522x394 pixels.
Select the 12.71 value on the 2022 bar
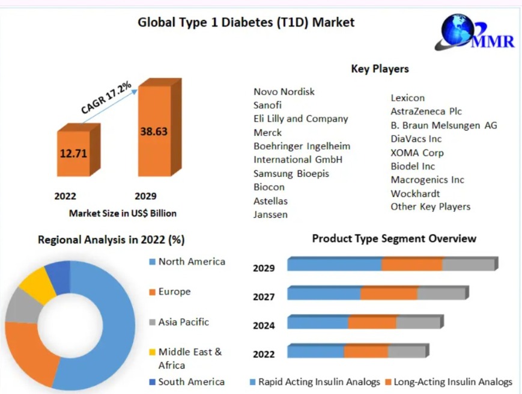pos(73,153)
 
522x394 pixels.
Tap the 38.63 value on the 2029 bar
pos(154,131)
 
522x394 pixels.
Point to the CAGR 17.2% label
pos(106,98)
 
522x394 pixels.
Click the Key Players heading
pos(380,69)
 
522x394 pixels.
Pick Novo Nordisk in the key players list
pos(284,91)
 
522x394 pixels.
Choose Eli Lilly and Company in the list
pos(300,119)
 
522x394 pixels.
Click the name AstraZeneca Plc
pos(426,111)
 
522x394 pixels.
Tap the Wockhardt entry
pos(415,193)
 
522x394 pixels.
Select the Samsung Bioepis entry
pos(291,173)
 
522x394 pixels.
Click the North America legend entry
pos(191,262)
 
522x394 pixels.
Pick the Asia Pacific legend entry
pos(183,322)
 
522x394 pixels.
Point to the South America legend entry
pos(191,382)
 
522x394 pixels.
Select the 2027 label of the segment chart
pos(264,297)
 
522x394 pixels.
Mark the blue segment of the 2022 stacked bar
pos(315,351)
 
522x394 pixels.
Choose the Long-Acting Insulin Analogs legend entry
pos(454,382)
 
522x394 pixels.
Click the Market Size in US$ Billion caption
pos(123,213)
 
